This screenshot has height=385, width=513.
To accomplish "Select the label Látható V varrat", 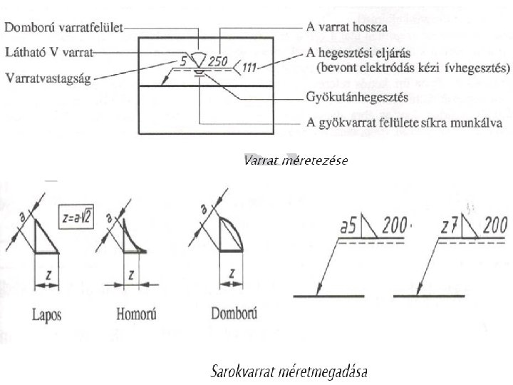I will [51, 52].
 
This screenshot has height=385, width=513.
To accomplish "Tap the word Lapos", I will [46, 314].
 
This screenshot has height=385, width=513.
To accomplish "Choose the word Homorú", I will [135, 314].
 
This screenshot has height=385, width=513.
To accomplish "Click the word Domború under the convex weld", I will [234, 314].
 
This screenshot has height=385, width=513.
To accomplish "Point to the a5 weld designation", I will [348, 227].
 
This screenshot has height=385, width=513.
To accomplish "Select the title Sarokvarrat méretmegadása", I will [289, 371].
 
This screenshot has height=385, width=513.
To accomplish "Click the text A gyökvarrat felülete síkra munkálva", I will [404, 122].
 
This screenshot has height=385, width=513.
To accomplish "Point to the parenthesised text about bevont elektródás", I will [413, 68].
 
